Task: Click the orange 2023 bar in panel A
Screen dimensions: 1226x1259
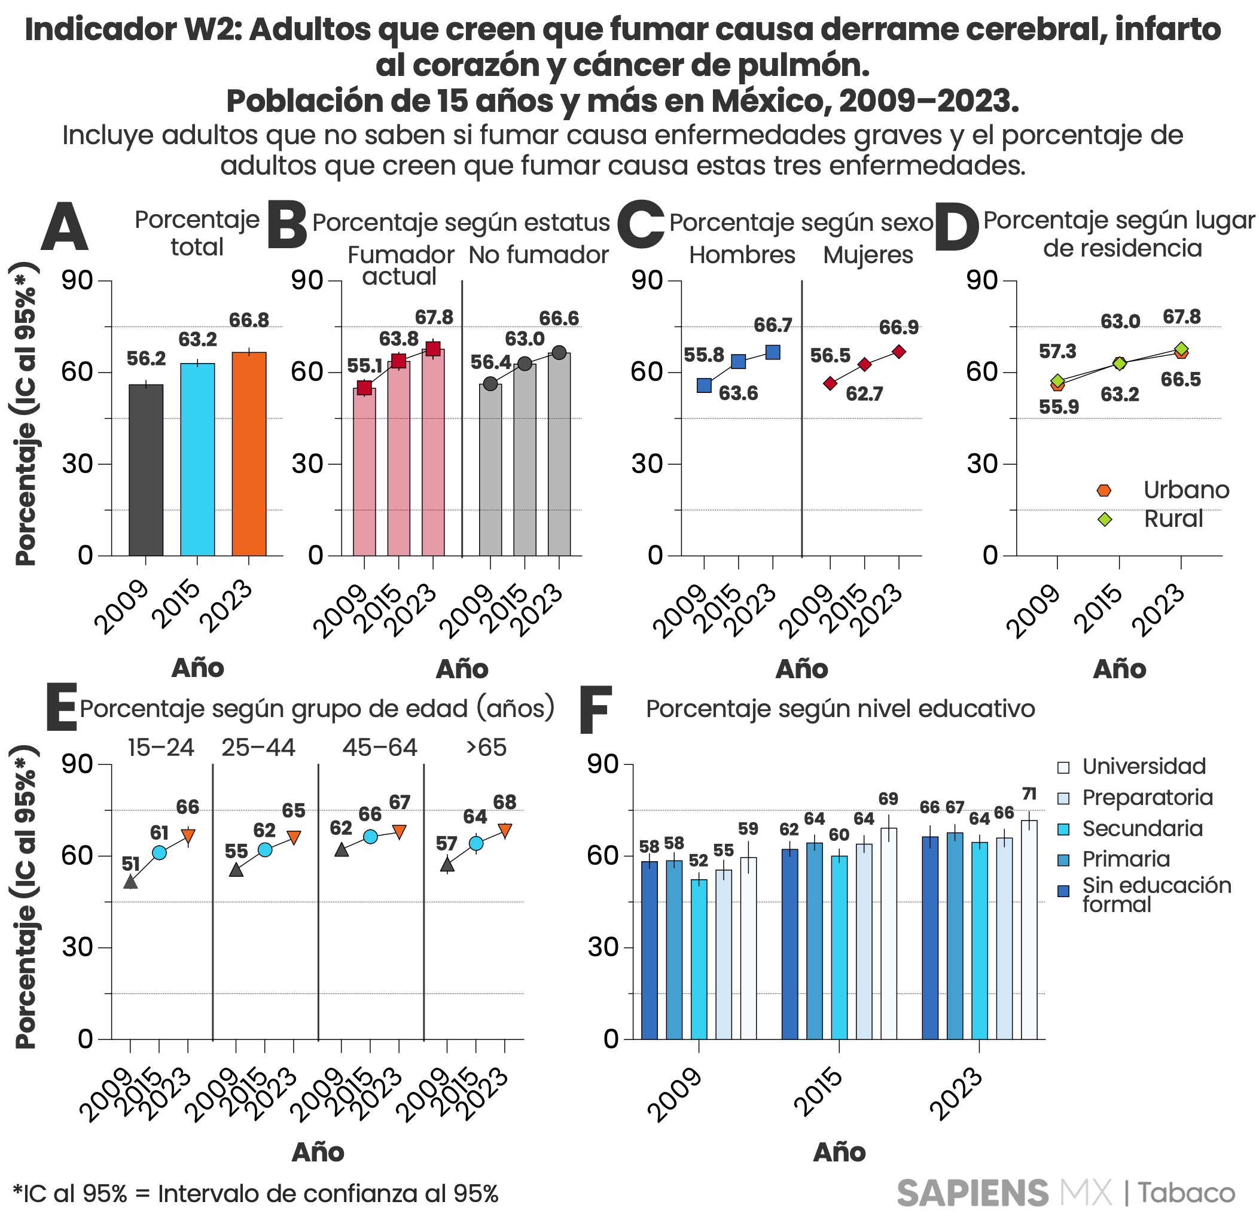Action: pyautogui.click(x=249, y=453)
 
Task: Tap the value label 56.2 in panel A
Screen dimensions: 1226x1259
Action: pyautogui.click(x=146, y=359)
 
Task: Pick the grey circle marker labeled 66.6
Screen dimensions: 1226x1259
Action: pyautogui.click(x=559, y=353)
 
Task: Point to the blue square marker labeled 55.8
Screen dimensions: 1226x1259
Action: pyautogui.click(x=704, y=386)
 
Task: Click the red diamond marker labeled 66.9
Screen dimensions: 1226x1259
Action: pyautogui.click(x=898, y=352)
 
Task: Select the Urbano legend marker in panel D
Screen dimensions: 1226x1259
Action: pyautogui.click(x=1104, y=490)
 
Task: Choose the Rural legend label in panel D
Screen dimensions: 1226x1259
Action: pyautogui.click(x=1172, y=519)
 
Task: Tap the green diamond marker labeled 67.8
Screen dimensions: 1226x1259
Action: pyautogui.click(x=1181, y=349)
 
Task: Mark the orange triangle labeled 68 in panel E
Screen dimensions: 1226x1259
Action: pyautogui.click(x=504, y=831)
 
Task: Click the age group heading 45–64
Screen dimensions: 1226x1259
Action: pyautogui.click(x=379, y=748)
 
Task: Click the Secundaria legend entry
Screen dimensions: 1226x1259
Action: pyautogui.click(x=1141, y=829)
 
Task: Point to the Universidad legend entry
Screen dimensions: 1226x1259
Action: pyautogui.click(x=1143, y=766)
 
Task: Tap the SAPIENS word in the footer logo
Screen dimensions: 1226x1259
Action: pyautogui.click(x=973, y=1193)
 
